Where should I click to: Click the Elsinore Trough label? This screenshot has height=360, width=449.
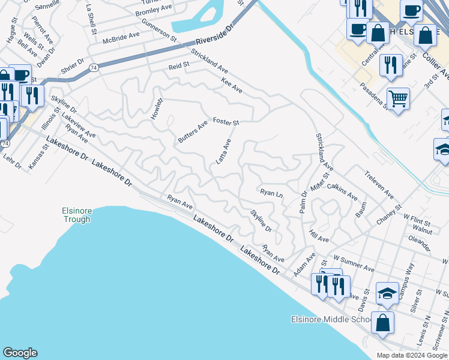(76, 215)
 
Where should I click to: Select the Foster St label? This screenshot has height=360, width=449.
(226, 122)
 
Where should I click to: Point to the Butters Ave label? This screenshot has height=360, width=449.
(193, 132)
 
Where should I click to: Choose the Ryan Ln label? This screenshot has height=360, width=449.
(271, 193)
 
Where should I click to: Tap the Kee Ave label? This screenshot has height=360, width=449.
(232, 85)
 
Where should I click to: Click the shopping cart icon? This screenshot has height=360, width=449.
(398, 98)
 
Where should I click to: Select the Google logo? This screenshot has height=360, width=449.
(20, 353)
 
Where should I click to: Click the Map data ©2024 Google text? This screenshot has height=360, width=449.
(411, 355)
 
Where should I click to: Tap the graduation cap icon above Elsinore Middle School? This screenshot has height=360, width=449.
(387, 293)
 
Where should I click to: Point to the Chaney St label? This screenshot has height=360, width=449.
(389, 215)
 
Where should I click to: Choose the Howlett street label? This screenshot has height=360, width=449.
(157, 109)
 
